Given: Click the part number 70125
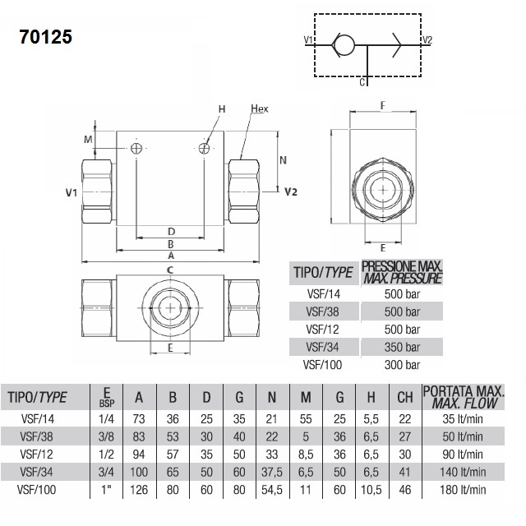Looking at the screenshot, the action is click(x=46, y=37).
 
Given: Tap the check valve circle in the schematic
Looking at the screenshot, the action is click(x=344, y=45).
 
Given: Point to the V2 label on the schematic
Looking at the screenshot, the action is click(x=427, y=40).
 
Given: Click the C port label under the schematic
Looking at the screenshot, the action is click(x=362, y=82).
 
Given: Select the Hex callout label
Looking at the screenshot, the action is click(x=260, y=108).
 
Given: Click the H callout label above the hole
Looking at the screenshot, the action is click(x=222, y=109).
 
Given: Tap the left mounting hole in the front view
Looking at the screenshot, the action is click(x=136, y=148).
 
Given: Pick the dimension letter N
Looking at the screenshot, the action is click(x=283, y=160).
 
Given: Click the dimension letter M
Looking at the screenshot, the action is click(x=88, y=139).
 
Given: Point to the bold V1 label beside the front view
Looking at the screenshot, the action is click(x=72, y=192).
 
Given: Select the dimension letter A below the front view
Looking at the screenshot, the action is click(x=171, y=256).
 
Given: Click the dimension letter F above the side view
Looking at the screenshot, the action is click(x=383, y=106).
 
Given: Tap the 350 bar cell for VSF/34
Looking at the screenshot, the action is click(x=402, y=347).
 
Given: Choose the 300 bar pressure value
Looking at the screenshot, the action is click(x=402, y=365).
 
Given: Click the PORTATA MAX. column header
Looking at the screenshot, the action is click(x=464, y=391).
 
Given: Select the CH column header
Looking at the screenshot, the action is click(x=405, y=398).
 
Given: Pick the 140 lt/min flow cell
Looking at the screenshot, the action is click(x=463, y=473).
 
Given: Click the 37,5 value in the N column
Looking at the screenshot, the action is click(x=272, y=473).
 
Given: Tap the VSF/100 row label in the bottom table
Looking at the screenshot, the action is click(x=36, y=490).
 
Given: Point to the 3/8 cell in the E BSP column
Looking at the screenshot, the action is click(x=106, y=436).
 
